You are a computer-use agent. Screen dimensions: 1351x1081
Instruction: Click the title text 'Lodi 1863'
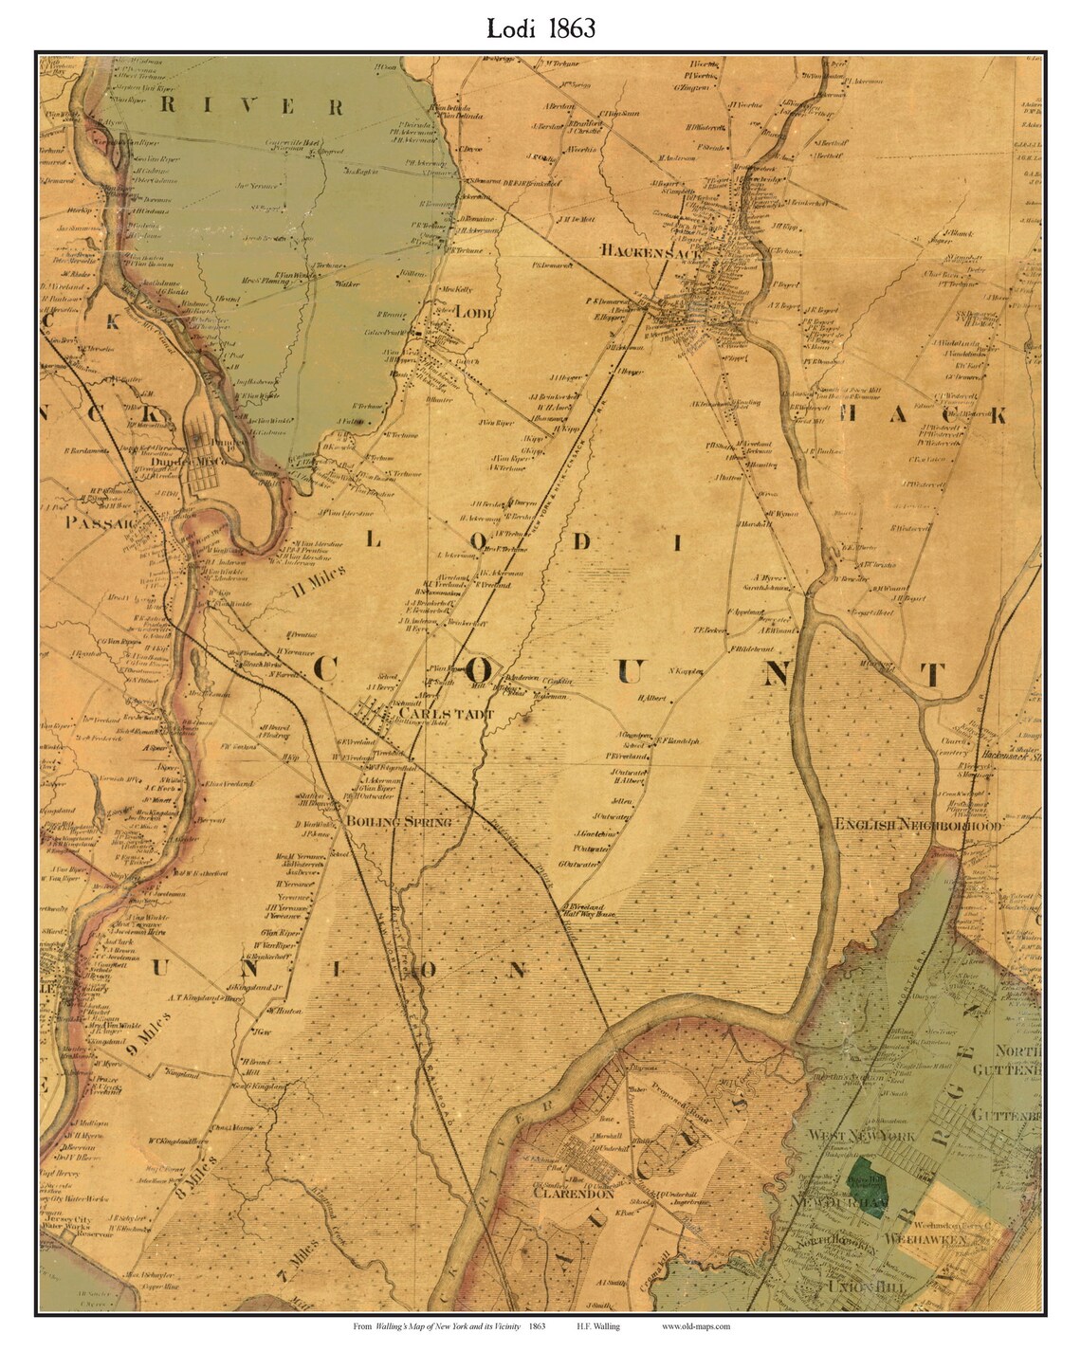pos(541,27)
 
